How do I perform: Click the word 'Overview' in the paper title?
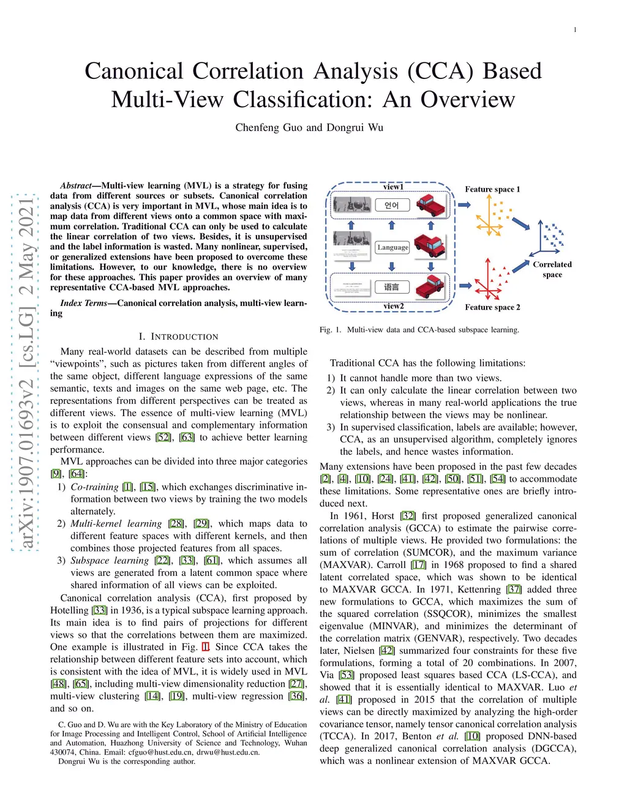click(x=468, y=99)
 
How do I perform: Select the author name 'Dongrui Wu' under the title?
click(x=355, y=127)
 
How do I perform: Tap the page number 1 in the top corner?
click(x=575, y=30)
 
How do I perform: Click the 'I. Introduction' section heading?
click(x=178, y=337)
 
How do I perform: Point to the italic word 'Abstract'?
click(x=75, y=185)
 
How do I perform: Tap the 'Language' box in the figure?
click(x=392, y=247)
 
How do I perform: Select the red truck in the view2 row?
click(x=430, y=286)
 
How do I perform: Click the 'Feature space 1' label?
click(x=492, y=189)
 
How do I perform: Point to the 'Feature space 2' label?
click(x=492, y=307)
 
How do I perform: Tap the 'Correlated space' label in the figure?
click(x=552, y=269)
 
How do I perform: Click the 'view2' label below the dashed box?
click(x=393, y=306)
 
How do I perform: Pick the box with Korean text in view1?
click(x=392, y=205)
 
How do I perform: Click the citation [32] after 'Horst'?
click(x=408, y=516)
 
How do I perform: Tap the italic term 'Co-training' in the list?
click(x=94, y=487)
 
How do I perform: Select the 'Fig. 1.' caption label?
click(x=330, y=330)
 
